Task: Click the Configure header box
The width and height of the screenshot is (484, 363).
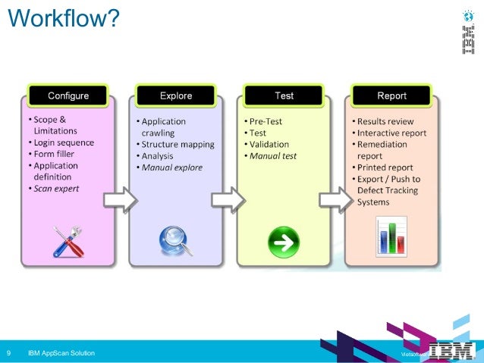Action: [68, 96]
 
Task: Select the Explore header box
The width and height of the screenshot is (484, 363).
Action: [176, 96]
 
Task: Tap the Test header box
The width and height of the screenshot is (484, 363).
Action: [284, 96]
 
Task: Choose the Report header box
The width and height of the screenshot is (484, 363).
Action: [391, 96]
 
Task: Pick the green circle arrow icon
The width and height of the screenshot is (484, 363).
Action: [284, 242]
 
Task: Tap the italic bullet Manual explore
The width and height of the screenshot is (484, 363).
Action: [174, 167]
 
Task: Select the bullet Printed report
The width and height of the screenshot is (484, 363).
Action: [386, 167]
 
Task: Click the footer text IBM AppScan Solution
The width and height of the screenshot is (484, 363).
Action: [61, 353]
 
